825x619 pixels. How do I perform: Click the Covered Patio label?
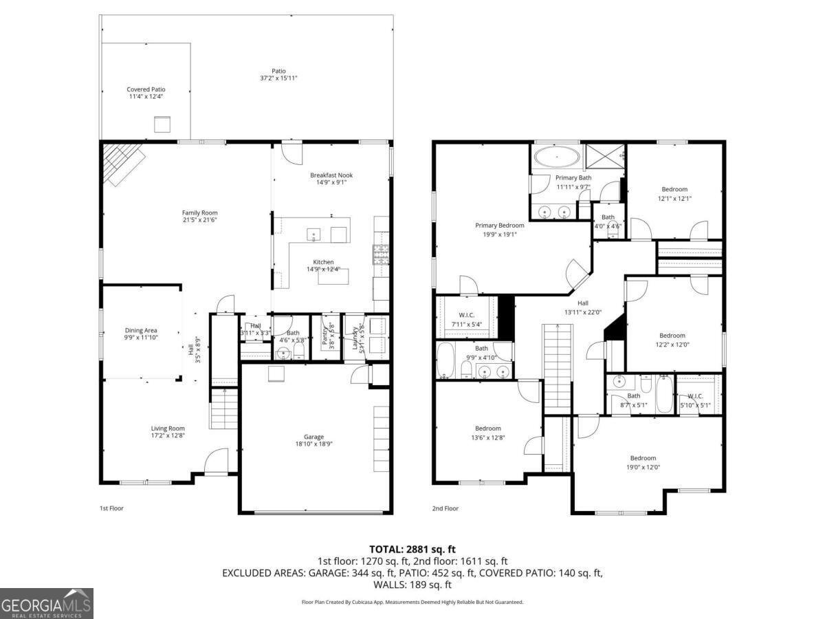146,89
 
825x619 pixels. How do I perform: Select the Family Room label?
199,213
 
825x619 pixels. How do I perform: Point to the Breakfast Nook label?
331,175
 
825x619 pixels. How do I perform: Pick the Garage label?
314,437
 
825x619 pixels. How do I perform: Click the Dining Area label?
141,330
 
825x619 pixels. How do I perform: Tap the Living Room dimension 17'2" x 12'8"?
168,436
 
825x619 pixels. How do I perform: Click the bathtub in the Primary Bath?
557,157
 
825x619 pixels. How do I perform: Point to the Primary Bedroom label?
500,225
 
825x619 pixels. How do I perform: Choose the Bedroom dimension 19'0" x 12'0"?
643,467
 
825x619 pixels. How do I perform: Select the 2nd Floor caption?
445,508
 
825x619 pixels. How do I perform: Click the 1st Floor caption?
111,508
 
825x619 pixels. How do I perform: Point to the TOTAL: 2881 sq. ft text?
412,549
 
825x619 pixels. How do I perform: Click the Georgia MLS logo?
47,603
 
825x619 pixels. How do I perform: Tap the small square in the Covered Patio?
162,124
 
